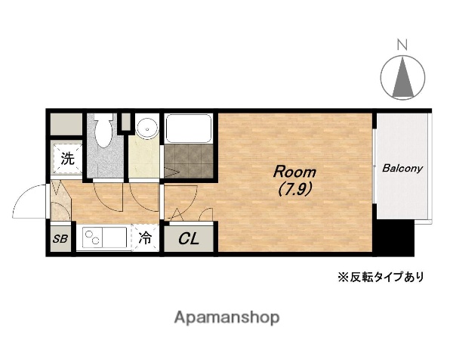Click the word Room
[290, 170]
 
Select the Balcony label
[402, 169]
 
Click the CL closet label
[189, 240]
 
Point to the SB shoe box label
[60, 240]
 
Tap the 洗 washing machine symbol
[67, 159]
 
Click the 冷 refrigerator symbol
[145, 238]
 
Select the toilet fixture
[103, 132]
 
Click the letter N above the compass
[402, 43]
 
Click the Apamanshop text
[226, 318]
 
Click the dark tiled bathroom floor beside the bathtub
[189, 160]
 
